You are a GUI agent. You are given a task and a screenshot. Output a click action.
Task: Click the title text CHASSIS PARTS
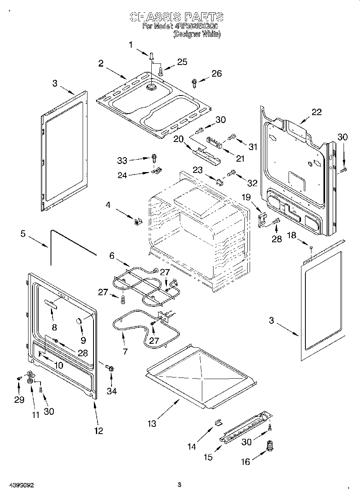177,17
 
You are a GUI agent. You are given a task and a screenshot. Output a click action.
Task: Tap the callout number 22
317,112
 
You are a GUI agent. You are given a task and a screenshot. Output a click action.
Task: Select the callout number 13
152,423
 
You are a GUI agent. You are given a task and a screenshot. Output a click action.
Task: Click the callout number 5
23,233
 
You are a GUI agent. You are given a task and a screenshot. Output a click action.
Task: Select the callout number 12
98,431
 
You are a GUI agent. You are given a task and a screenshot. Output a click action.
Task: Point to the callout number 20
178,139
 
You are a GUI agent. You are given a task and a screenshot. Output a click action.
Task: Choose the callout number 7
125,351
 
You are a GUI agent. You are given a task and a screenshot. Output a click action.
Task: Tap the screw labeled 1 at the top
151,55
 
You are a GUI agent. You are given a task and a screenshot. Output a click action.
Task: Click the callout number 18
291,235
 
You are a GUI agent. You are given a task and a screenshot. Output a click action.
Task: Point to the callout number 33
122,160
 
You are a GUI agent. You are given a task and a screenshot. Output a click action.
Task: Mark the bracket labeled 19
262,219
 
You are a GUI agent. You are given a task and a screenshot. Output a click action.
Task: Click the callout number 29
19,400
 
